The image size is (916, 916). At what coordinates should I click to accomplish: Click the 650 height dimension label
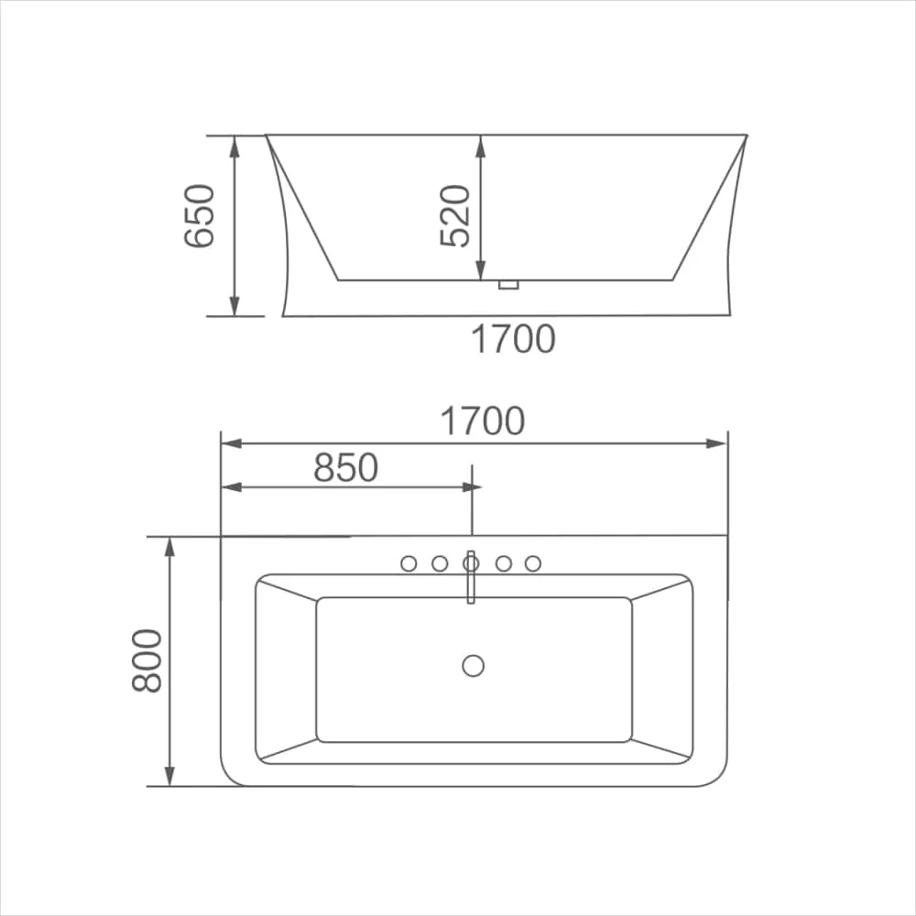coord(199,216)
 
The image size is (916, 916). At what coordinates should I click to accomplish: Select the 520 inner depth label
coord(454,216)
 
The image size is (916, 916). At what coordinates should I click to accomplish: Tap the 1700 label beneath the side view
coord(513,339)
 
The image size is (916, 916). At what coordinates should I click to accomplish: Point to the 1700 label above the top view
coord(483,420)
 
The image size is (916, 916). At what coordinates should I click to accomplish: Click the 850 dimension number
coord(346,467)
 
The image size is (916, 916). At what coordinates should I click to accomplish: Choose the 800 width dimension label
coord(147,661)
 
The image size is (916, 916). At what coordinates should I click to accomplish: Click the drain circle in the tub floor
coord(474,665)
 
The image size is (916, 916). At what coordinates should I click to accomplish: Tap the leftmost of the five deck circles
coord(409,563)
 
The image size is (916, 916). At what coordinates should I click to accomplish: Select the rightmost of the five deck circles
coord(533,563)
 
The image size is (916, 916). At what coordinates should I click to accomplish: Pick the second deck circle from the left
coord(440,563)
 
